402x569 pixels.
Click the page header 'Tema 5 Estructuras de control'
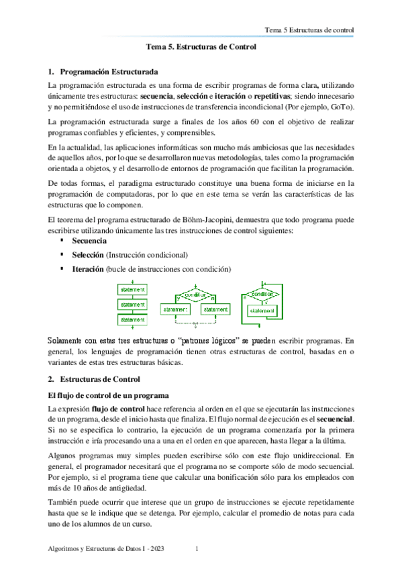[x=309, y=31]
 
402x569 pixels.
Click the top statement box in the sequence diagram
[x=132, y=289]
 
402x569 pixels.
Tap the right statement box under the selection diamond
[x=215, y=309]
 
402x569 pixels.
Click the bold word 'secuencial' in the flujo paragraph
[x=335, y=419]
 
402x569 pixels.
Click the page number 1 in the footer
[x=195, y=550]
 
